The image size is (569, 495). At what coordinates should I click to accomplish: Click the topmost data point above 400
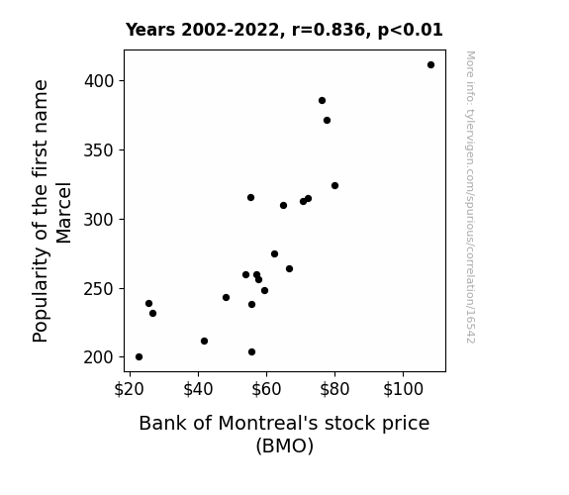pyautogui.click(x=430, y=65)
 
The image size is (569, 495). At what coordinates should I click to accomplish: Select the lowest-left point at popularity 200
pyautogui.click(x=139, y=357)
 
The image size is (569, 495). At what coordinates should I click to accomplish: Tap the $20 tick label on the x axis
pyautogui.click(x=130, y=389)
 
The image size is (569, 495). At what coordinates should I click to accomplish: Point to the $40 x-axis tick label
pyautogui.click(x=198, y=389)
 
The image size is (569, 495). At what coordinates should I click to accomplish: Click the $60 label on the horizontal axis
pyautogui.click(x=266, y=389)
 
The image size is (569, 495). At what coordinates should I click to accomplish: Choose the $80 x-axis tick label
pyautogui.click(x=334, y=389)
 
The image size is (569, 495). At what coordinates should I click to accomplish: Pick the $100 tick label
pyautogui.click(x=403, y=389)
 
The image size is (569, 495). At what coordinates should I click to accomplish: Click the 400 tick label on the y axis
pyautogui.click(x=99, y=80)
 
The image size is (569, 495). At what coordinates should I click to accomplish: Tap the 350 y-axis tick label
pyautogui.click(x=99, y=150)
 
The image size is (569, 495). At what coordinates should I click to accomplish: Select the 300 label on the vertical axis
pyautogui.click(x=99, y=220)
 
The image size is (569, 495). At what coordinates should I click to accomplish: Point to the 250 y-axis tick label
pyautogui.click(x=99, y=289)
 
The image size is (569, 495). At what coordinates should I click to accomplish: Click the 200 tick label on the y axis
pyautogui.click(x=99, y=357)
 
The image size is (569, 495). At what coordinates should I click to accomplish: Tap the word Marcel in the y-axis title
pyautogui.click(x=63, y=213)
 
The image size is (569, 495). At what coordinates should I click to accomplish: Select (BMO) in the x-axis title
pyautogui.click(x=285, y=445)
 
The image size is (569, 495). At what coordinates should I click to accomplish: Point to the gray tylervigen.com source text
pyautogui.click(x=470, y=197)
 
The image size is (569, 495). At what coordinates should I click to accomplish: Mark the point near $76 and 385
pyautogui.click(x=322, y=101)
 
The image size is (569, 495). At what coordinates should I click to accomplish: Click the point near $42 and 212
pyautogui.click(x=204, y=341)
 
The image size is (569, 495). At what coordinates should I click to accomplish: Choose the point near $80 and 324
pyautogui.click(x=334, y=185)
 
